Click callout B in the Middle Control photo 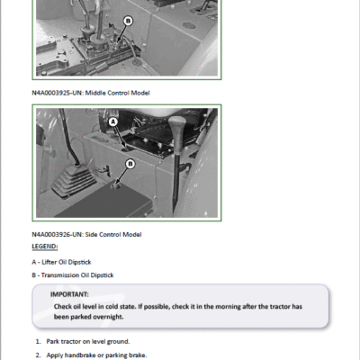click(x=128, y=21)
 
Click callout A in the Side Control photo click(x=113, y=121)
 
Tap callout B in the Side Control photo click(x=130, y=164)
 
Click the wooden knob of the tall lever click(x=177, y=126)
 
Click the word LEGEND click(x=45, y=247)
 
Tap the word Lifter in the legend click(x=49, y=262)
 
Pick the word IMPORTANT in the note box click(x=69, y=294)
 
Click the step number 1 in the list click(x=38, y=342)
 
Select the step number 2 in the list click(x=38, y=355)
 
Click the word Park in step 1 click(x=53, y=342)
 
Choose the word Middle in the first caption click(x=95, y=93)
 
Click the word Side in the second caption click(x=91, y=235)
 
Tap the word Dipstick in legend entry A click(x=79, y=262)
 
